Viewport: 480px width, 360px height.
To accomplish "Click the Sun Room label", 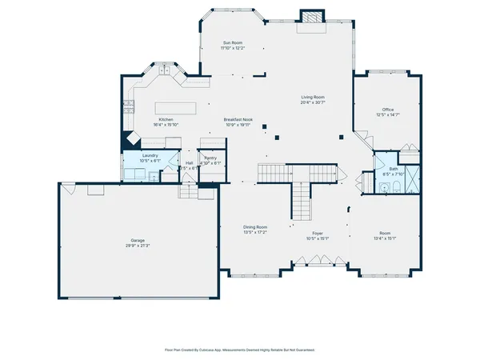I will coord(232,42).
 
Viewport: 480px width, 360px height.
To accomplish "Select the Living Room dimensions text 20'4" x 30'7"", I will coord(313,102).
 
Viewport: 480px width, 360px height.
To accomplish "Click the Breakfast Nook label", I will coord(238,119).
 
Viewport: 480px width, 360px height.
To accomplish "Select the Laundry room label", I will coord(150,155).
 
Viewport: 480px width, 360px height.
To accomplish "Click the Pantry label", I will coord(210,158).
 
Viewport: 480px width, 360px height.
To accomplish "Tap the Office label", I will coord(388,110).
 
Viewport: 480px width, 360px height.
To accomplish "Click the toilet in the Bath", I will coord(385,188).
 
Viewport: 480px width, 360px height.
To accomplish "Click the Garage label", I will coord(138,240).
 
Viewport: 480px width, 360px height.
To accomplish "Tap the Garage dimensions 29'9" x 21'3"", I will coord(138,246).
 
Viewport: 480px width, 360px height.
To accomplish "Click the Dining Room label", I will coord(254,227).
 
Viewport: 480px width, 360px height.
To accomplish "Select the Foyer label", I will coord(318,233).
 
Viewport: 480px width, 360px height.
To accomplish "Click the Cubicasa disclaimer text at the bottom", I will coord(239,350).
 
